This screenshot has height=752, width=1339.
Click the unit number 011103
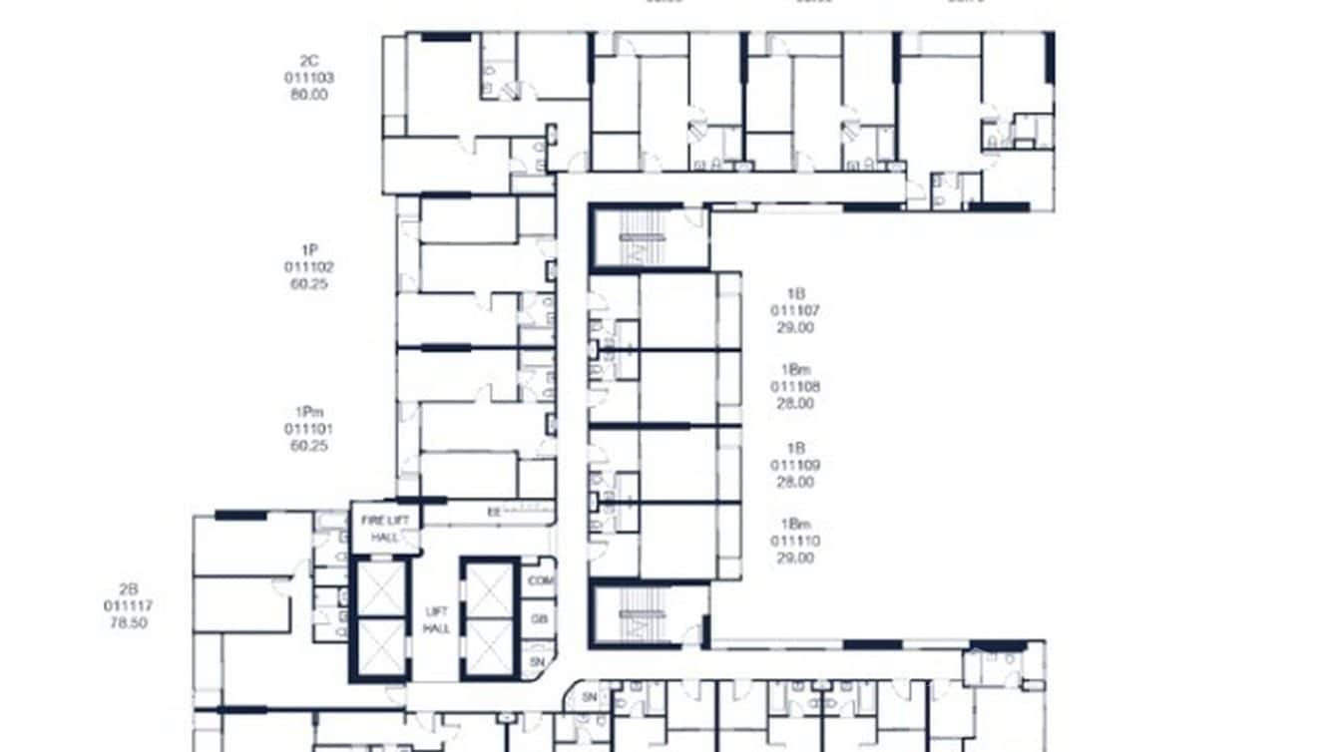[309, 78]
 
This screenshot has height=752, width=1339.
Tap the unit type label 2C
[309, 60]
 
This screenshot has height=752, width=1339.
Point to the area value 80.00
[309, 96]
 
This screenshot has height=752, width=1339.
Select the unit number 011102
[309, 267]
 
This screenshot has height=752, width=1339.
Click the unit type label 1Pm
[309, 412]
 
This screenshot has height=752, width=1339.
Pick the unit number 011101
[309, 430]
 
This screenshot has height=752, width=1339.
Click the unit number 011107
[795, 311]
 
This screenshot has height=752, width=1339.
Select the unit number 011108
[795, 387]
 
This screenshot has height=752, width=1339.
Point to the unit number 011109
[795, 466]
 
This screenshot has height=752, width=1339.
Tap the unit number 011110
[795, 541]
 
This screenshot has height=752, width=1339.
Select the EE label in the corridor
[493, 513]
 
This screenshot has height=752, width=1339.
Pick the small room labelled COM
[540, 580]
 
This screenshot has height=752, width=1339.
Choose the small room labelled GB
[540, 619]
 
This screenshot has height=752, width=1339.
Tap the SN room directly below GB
[539, 661]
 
